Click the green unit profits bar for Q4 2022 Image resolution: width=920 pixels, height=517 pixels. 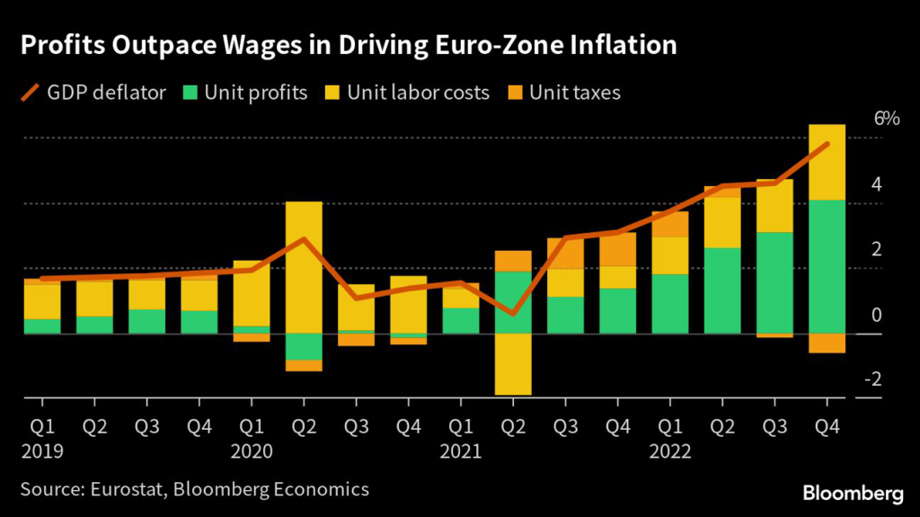click(x=827, y=266)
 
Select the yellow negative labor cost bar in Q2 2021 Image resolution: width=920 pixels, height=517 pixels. click(x=513, y=363)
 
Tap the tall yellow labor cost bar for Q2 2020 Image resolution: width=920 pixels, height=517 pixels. click(x=304, y=267)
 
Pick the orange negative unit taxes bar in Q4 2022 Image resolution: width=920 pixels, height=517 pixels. click(x=827, y=343)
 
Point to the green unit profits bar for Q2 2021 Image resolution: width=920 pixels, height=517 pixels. click(x=513, y=302)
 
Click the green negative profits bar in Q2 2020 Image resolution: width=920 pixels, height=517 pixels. click(x=304, y=346)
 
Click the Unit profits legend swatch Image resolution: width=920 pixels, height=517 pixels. click(x=190, y=92)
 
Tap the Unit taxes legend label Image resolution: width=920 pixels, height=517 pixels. click(x=575, y=92)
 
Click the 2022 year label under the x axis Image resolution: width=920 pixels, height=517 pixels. click(x=669, y=448)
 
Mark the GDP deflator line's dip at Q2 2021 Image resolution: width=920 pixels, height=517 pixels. click(x=513, y=314)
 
